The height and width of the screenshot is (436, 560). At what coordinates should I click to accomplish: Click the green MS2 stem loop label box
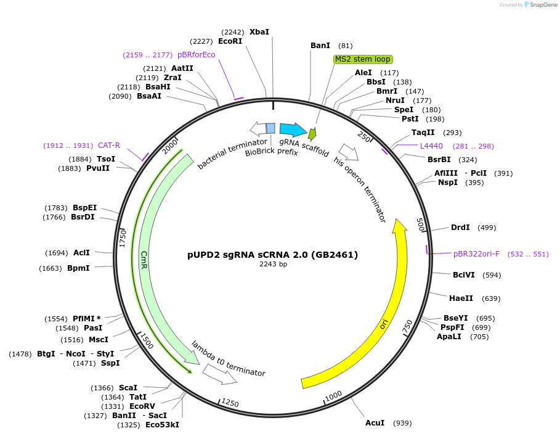click(363, 59)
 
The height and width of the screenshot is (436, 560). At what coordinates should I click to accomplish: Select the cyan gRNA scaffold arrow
click(293, 130)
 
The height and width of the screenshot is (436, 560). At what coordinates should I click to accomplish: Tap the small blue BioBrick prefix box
click(270, 128)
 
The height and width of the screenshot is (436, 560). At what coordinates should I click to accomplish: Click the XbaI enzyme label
click(259, 32)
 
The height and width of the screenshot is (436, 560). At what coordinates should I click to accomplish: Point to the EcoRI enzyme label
click(230, 41)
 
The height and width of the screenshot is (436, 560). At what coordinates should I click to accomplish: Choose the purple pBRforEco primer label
click(196, 55)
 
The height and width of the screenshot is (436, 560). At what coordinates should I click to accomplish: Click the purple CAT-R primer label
click(109, 146)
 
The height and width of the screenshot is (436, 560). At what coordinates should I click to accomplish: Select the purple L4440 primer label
click(431, 146)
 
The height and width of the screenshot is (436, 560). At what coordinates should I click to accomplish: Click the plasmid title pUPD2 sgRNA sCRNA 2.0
click(272, 255)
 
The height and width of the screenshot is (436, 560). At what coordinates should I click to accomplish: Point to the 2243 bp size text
click(273, 265)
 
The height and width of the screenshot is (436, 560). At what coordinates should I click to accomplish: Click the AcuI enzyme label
click(375, 423)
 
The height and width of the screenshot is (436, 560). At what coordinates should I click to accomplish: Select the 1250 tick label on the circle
click(230, 403)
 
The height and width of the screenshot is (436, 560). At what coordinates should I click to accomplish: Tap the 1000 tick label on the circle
click(333, 395)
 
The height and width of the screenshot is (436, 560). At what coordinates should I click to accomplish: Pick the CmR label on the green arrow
click(144, 259)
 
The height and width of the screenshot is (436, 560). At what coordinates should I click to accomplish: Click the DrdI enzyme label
click(460, 228)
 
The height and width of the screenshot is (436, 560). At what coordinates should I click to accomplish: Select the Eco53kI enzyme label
click(162, 425)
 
